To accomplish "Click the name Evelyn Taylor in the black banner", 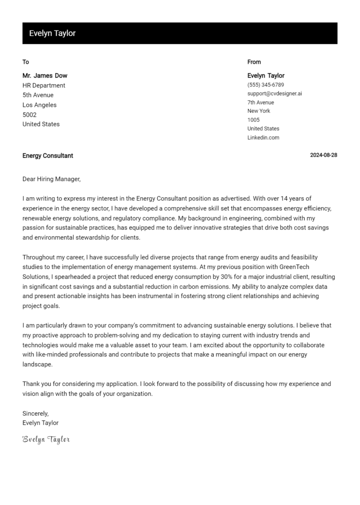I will coord(52,33).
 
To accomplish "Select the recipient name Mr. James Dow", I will coord(45,75).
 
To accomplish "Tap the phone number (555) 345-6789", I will coord(265,85).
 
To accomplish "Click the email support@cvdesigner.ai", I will coord(274,93).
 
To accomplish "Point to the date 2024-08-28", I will coord(323,156).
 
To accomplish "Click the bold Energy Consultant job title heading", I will coord(48,156).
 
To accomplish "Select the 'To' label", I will coord(26,62).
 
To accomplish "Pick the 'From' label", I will coord(254,62).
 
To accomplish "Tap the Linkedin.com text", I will coord(263,137).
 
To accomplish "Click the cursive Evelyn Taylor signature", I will coord(46,439).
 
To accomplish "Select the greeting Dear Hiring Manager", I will coord(52,179).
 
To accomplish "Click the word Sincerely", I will coord(36,413).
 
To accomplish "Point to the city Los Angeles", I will coord(39,105).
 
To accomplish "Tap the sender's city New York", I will coord(259,111).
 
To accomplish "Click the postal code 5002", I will coord(29,115).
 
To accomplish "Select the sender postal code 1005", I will coord(253,120).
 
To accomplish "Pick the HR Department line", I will coord(44,85).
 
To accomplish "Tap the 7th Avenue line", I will coord(261,102).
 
